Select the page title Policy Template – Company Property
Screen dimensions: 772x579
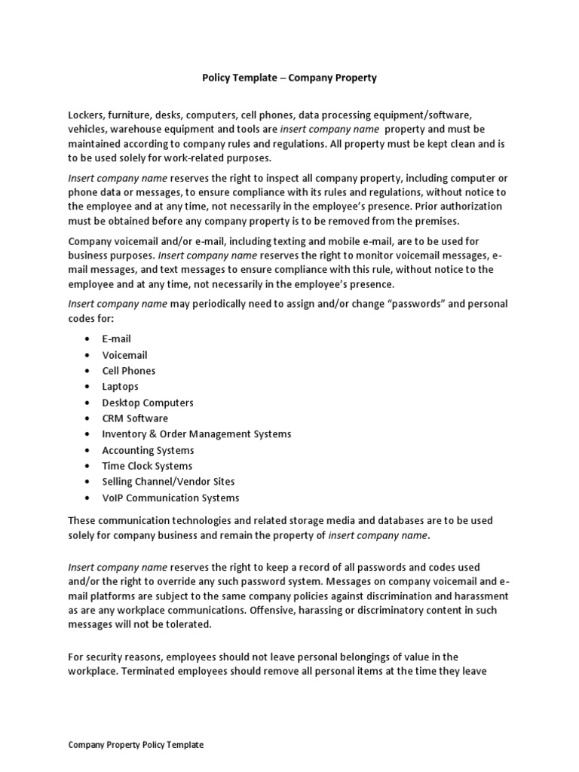point(289,78)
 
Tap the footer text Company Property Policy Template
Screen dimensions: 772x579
point(136,744)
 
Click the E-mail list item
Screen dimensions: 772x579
point(116,339)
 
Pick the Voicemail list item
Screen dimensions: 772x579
point(124,355)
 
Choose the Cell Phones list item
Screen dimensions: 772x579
point(129,371)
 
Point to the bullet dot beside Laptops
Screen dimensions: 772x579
point(87,387)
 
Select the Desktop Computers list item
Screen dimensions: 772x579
point(148,403)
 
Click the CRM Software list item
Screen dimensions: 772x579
point(135,418)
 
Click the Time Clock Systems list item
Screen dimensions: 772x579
point(147,466)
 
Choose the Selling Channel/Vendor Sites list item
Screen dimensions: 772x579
point(168,482)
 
